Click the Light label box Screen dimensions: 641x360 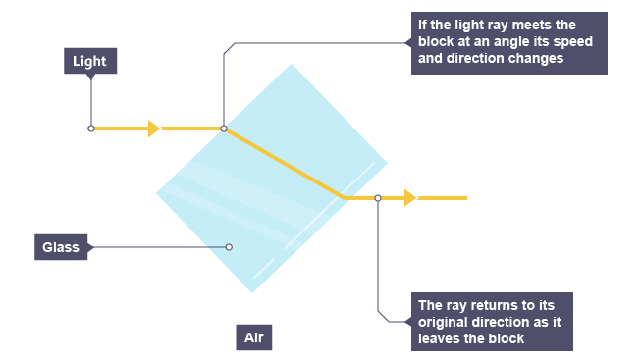[x=90, y=61]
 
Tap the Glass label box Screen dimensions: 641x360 [x=61, y=247]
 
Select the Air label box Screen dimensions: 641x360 [x=254, y=337]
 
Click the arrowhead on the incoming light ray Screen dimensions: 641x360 [x=154, y=129]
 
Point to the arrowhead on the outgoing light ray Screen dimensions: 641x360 [x=410, y=198]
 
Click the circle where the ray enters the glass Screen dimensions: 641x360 [x=224, y=129]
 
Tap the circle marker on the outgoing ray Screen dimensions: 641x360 [x=378, y=198]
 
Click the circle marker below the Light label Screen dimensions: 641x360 [x=91, y=129]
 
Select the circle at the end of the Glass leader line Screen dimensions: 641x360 [x=229, y=247]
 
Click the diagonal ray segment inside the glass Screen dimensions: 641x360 [x=285, y=164]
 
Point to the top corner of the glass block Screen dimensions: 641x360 [x=292, y=64]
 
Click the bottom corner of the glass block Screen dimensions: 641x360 [x=252, y=292]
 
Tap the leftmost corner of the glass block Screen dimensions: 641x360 [x=157, y=193]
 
